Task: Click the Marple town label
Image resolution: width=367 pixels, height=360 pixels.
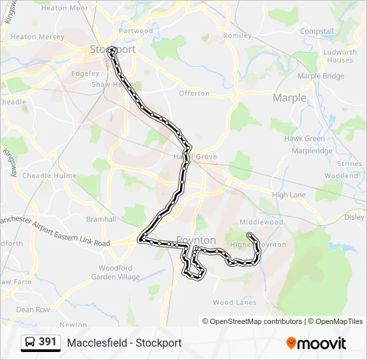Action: click(290, 98)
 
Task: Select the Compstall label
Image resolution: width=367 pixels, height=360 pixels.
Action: click(317, 31)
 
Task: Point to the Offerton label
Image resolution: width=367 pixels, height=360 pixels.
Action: click(194, 93)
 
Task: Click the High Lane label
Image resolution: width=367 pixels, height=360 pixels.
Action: click(289, 195)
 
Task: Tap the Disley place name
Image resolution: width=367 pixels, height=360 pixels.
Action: click(354, 217)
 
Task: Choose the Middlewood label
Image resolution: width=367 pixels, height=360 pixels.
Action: click(262, 222)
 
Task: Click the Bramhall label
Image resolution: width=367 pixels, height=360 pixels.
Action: click(101, 219)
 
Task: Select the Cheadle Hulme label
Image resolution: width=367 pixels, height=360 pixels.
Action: click(45, 175)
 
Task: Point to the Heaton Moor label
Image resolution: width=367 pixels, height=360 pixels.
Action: click(64, 8)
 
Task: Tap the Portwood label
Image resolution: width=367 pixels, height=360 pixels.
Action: click(135, 31)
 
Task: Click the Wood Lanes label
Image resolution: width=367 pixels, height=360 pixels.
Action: click(235, 302)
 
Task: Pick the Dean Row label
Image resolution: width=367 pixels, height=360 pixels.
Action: click(33, 309)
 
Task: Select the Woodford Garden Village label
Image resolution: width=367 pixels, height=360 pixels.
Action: click(111, 272)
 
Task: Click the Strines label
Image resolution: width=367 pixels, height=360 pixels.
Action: click(350, 163)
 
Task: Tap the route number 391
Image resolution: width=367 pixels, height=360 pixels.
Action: click(47, 342)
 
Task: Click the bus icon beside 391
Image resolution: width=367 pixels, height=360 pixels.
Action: click(30, 343)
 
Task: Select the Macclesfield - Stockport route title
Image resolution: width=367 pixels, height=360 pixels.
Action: click(124, 343)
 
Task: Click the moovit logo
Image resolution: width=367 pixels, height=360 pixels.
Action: click(316, 343)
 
